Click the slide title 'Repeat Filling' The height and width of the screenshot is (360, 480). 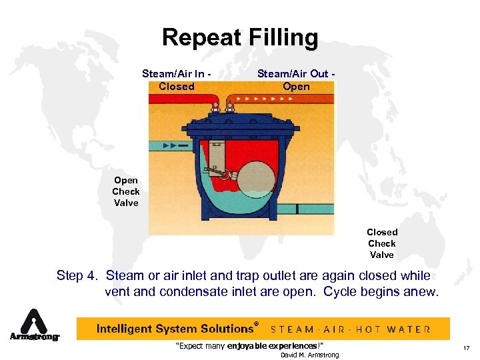[x=240, y=37]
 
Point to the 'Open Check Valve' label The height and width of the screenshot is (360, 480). [x=125, y=191]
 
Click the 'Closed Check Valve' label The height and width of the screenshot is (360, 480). [x=381, y=243]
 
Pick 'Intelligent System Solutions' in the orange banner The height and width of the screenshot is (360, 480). [x=175, y=329]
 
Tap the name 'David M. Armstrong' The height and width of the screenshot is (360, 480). [x=309, y=355]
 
